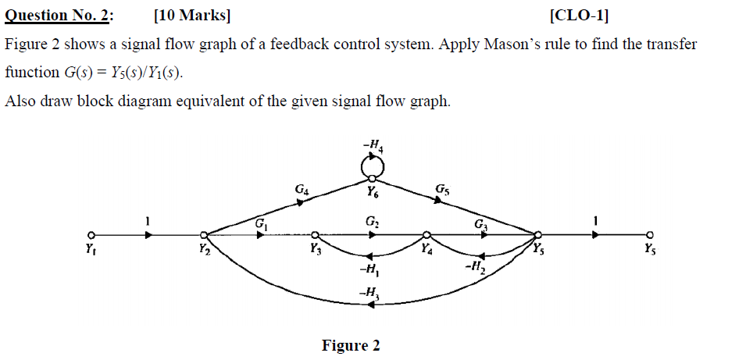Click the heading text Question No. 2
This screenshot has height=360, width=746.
point(58,15)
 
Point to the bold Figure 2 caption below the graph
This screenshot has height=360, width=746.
point(351,345)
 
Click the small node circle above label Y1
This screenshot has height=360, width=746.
point(91,234)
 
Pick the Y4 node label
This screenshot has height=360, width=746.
point(427,251)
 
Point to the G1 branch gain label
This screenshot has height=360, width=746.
point(261,223)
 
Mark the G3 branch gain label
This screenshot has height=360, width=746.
point(480,224)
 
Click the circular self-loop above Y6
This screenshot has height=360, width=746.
point(372,165)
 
